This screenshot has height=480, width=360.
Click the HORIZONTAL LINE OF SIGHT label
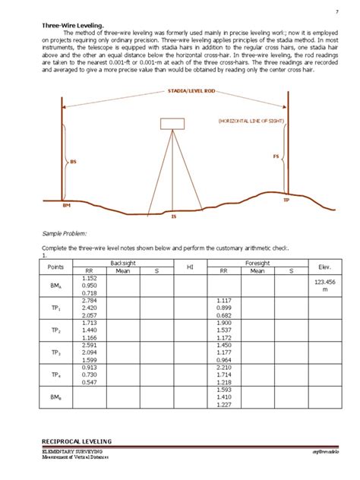pyautogui.click(x=253, y=121)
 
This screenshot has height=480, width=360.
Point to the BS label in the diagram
pyautogui.click(x=74, y=162)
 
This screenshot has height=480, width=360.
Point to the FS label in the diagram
pyautogui.click(x=276, y=156)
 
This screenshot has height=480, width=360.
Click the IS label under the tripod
pyautogui.click(x=174, y=216)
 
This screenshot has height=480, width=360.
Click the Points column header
pyautogui.click(x=55, y=266)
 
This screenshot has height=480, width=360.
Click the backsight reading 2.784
pyautogui.click(x=89, y=301)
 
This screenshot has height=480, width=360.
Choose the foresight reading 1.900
pyautogui.click(x=225, y=323)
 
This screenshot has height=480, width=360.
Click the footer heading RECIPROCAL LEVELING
pyautogui.click(x=76, y=441)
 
